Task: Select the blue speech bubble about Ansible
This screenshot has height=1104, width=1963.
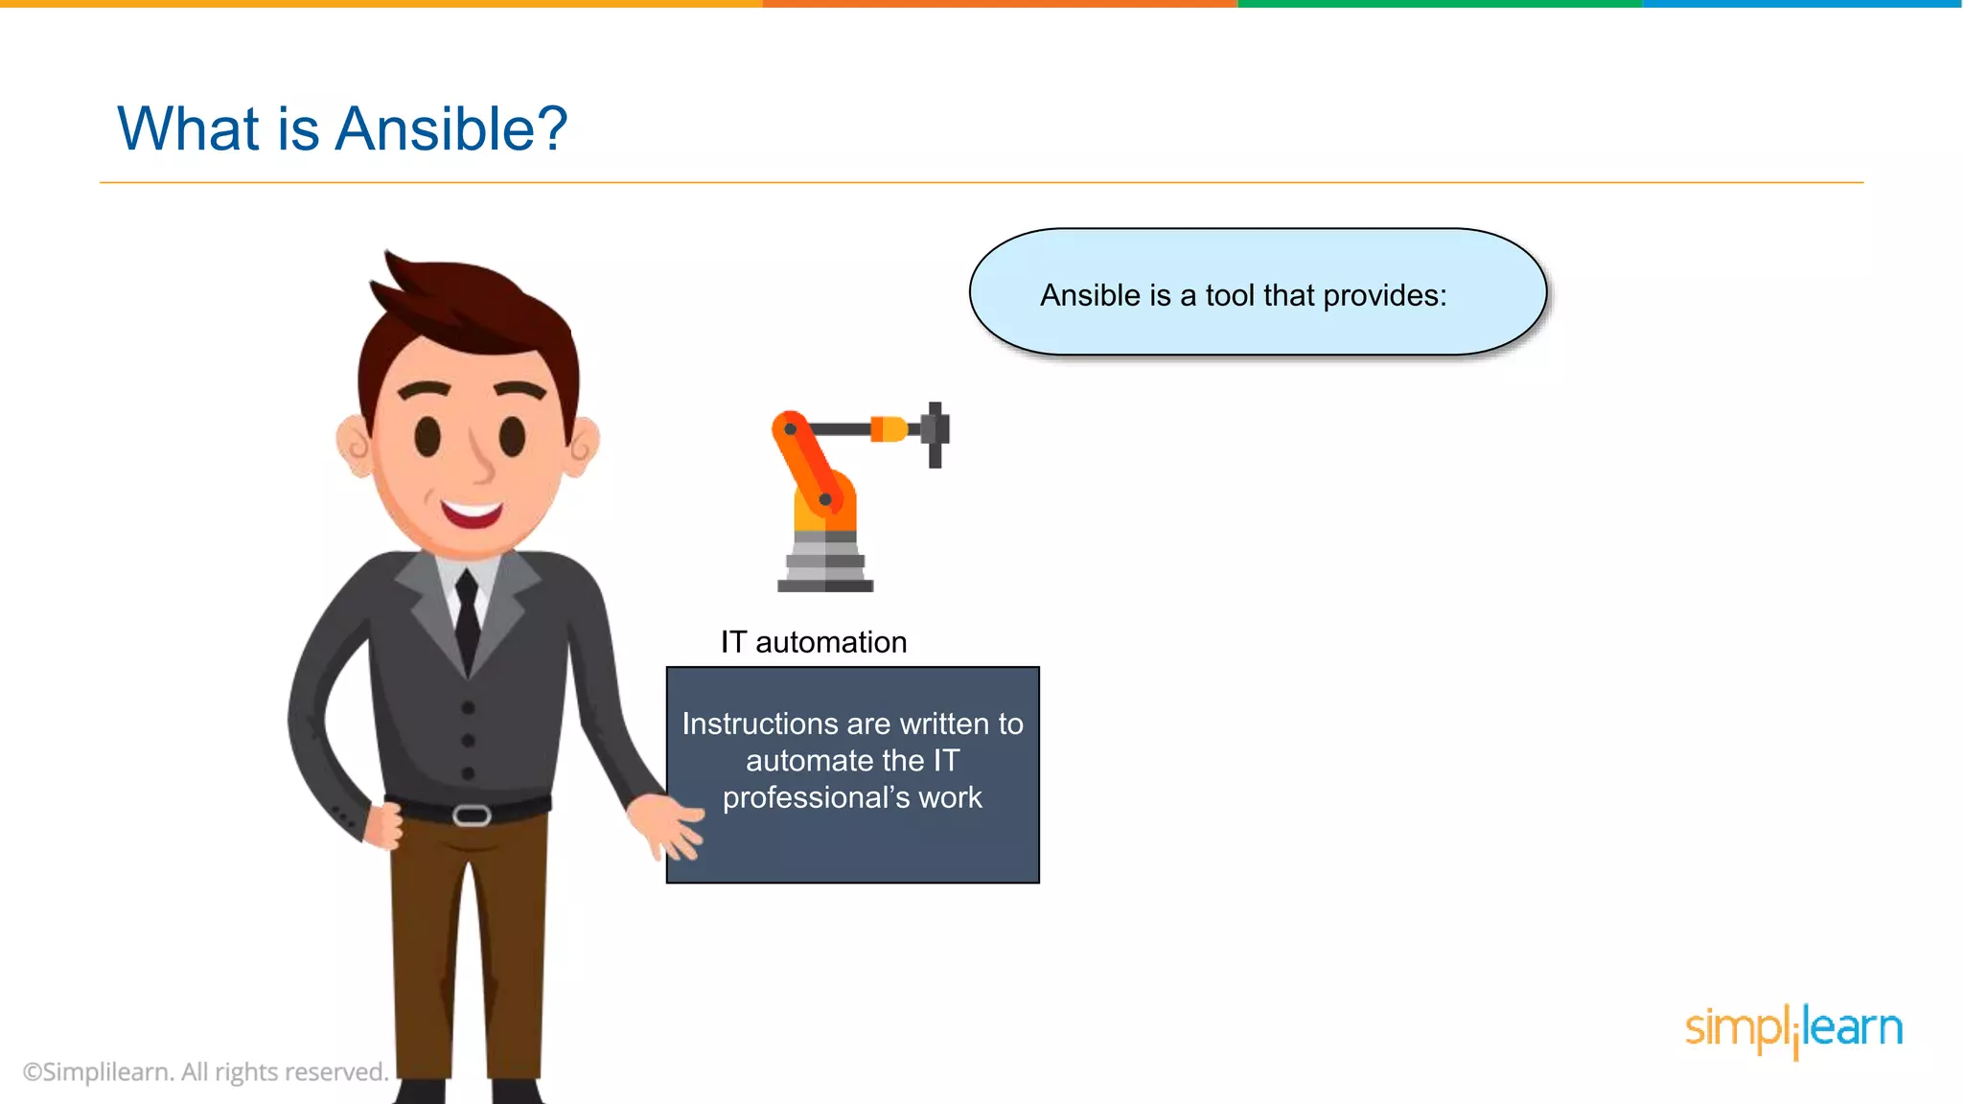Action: click(x=1258, y=292)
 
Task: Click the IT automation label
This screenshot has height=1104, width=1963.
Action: click(x=814, y=642)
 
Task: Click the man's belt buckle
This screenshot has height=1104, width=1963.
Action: click(x=472, y=816)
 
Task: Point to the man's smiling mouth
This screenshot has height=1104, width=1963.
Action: click(x=472, y=514)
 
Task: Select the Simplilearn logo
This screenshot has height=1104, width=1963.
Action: click(x=1793, y=1029)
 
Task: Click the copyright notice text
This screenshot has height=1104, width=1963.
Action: click(x=205, y=1071)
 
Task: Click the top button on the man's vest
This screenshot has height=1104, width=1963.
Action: click(x=468, y=708)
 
